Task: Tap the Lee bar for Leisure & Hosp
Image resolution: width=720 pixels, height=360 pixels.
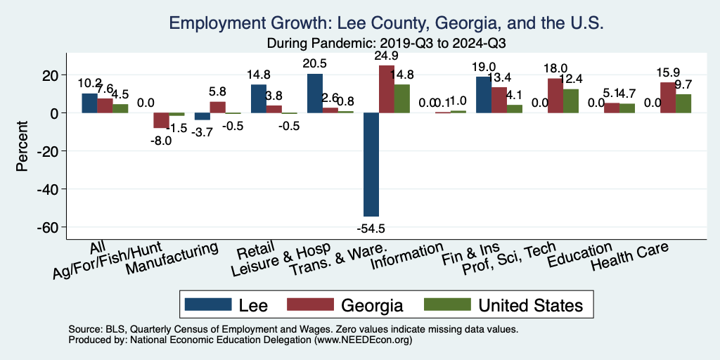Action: point(315,94)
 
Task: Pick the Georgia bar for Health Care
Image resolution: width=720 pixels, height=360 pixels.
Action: point(668,98)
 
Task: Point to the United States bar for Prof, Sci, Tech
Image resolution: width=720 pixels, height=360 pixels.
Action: point(571,101)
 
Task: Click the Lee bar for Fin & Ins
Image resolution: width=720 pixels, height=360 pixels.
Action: point(484,95)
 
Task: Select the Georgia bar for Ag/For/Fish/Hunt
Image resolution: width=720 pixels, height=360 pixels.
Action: point(162,120)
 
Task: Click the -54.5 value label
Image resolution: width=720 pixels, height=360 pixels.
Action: point(371,229)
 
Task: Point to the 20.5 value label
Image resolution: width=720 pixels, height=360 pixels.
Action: point(315,63)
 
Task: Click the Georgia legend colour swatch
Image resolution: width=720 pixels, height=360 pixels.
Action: point(310,304)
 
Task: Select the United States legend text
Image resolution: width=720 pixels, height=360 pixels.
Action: point(531,305)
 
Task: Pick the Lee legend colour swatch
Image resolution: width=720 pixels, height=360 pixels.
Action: point(208,304)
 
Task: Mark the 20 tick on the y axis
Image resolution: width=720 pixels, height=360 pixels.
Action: point(53,75)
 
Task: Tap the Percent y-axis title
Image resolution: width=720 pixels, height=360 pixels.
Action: point(22,148)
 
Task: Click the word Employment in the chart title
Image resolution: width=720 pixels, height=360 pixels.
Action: point(212,23)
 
